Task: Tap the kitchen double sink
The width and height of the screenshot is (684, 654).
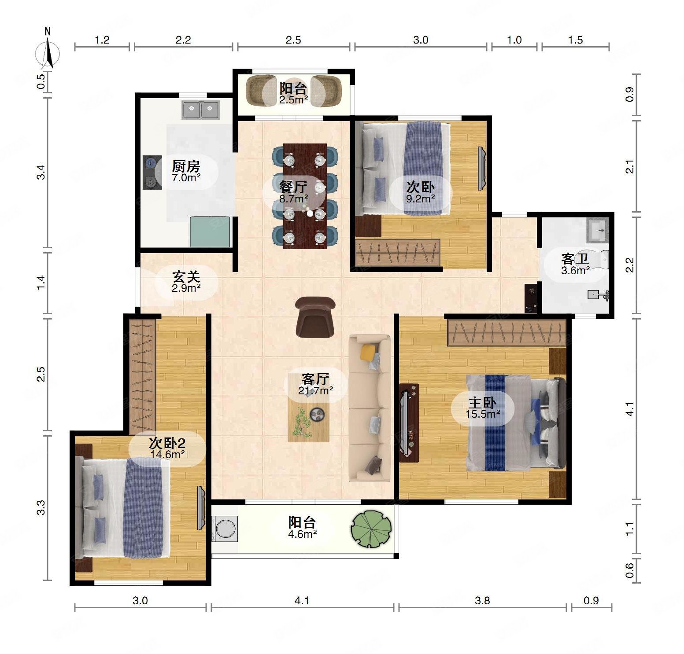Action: click(x=201, y=110)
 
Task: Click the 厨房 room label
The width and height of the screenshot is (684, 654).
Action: click(x=186, y=166)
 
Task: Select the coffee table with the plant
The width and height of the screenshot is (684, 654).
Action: click(x=309, y=418)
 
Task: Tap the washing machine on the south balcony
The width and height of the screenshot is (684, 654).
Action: click(x=225, y=528)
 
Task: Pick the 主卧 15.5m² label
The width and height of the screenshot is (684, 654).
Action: click(x=483, y=408)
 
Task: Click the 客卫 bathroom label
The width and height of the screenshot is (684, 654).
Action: click(x=575, y=258)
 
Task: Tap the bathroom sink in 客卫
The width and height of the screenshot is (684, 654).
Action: click(x=598, y=230)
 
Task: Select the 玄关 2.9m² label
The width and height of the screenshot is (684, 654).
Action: click(x=186, y=282)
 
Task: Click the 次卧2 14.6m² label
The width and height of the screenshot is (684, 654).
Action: click(x=167, y=448)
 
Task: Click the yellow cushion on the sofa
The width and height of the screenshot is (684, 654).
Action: click(x=369, y=351)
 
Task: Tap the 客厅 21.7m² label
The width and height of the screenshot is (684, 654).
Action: click(x=315, y=384)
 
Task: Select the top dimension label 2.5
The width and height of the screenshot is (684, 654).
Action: click(x=293, y=40)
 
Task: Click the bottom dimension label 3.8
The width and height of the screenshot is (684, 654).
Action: click(x=482, y=600)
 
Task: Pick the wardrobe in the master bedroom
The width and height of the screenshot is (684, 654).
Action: click(x=507, y=333)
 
